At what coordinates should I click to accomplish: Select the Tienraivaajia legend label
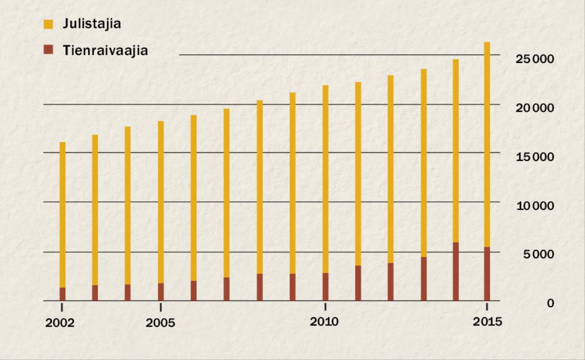pyautogui.click(x=105, y=50)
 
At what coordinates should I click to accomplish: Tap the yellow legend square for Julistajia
pyautogui.click(x=48, y=24)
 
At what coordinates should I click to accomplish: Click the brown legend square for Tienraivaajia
pyautogui.click(x=48, y=50)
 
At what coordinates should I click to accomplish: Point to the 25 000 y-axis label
pyautogui.click(x=535, y=59)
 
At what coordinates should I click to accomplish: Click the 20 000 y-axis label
pyautogui.click(x=535, y=108)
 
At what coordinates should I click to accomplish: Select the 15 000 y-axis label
pyautogui.click(x=535, y=157)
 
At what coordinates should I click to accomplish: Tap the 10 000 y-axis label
pyautogui.click(x=535, y=206)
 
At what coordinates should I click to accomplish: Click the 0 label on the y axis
pyautogui.click(x=550, y=303)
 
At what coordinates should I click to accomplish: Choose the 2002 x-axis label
pyautogui.click(x=60, y=323)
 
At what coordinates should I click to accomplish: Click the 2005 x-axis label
pyautogui.click(x=160, y=323)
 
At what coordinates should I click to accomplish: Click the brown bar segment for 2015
pyautogui.click(x=487, y=274)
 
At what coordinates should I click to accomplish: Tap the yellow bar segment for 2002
pyautogui.click(x=62, y=214)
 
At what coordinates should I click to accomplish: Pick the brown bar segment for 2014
pyautogui.click(x=455, y=271)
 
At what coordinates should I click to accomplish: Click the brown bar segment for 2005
pyautogui.click(x=161, y=292)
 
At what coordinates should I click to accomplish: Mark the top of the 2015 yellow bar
pyautogui.click(x=487, y=43)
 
